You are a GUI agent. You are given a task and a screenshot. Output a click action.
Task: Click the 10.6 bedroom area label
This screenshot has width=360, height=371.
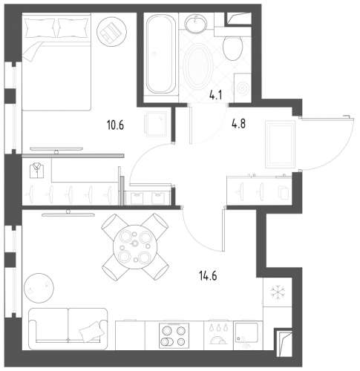click(x=115, y=125)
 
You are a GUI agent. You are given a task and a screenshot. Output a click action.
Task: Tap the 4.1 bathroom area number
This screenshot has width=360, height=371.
click(x=216, y=95)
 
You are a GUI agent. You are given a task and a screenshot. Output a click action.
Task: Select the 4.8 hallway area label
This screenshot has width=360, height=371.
click(x=238, y=124)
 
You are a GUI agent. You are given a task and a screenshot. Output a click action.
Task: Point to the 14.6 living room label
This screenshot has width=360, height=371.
click(x=208, y=276)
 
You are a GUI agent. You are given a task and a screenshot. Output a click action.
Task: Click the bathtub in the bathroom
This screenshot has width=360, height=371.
click(x=161, y=53)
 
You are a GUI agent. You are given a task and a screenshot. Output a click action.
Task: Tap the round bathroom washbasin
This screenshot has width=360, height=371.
click(x=196, y=22)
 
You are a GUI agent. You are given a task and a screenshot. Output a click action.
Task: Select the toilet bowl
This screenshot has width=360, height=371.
click(x=232, y=48)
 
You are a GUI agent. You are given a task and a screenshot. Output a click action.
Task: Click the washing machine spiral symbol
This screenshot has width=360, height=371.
click(x=242, y=88)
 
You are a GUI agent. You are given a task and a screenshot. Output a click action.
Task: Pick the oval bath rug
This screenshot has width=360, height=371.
click(x=198, y=67)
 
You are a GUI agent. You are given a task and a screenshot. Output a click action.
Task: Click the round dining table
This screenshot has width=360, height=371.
click(x=135, y=246)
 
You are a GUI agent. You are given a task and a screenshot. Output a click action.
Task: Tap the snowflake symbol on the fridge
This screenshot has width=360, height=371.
click(x=278, y=292)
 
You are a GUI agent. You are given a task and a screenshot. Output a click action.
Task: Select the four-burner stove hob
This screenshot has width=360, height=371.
click(x=174, y=335)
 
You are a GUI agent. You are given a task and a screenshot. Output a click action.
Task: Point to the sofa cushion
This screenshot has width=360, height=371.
click(x=91, y=332)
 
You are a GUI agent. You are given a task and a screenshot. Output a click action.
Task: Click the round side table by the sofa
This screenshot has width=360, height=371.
click(x=39, y=288)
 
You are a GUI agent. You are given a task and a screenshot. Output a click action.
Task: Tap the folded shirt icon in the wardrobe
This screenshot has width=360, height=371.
click(x=37, y=171)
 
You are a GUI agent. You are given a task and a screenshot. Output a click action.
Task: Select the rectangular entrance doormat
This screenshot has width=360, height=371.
click(x=280, y=145)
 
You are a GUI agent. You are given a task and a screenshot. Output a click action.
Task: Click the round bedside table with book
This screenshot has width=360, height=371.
click(x=111, y=31)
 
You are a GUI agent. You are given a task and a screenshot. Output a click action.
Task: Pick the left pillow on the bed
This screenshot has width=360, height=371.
click(x=40, y=27)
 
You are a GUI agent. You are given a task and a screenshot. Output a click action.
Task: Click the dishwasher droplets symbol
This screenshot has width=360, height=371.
click(x=218, y=328)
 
